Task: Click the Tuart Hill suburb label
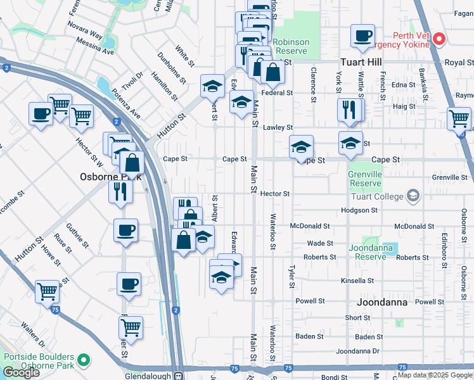tap(361, 62)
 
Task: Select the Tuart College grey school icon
tap(413, 195)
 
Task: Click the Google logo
tap(22, 372)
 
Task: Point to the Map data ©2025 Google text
tap(435, 375)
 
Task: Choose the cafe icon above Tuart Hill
tap(363, 36)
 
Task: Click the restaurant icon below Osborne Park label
tap(120, 191)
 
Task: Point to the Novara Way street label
tap(86, 33)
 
